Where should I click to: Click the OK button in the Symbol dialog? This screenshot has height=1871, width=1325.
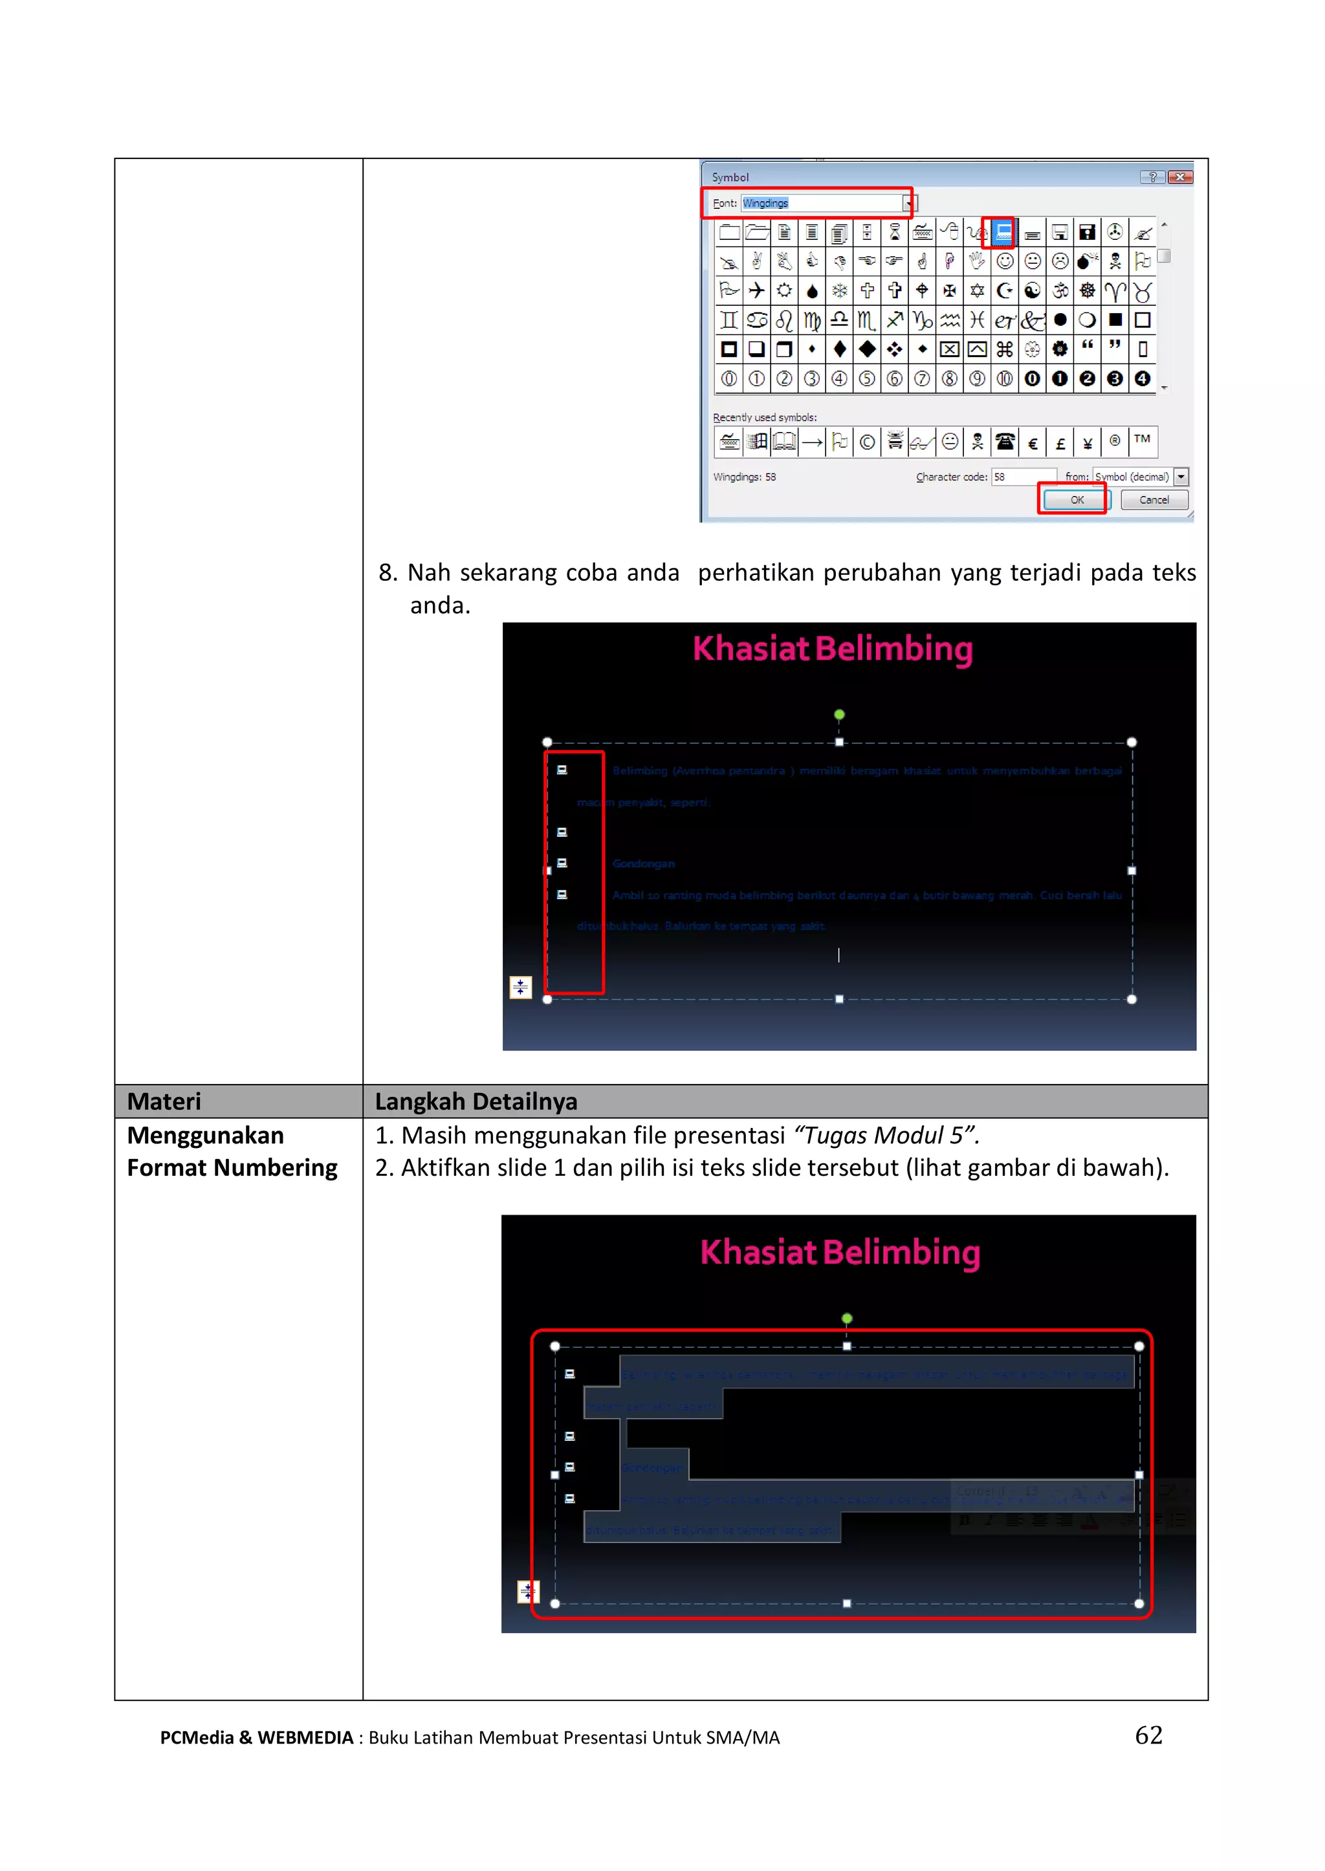[x=1076, y=499]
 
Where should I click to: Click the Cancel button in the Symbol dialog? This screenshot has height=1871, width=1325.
[x=1154, y=499]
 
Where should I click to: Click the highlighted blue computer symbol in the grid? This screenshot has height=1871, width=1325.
[x=1003, y=232]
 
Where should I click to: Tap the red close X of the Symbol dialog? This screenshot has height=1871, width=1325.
[x=1180, y=177]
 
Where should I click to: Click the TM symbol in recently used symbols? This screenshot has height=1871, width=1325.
[x=1143, y=440]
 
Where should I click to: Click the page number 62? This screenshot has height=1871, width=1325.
[x=1148, y=1735]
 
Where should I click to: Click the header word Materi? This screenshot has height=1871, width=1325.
[x=164, y=1101]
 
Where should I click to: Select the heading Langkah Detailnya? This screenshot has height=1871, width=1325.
[x=476, y=1101]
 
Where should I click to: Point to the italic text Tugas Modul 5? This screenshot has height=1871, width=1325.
[x=885, y=1135]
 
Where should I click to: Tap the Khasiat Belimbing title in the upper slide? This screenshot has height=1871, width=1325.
[x=832, y=649]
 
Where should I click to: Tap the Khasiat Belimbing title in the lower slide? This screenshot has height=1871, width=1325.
[x=840, y=1252]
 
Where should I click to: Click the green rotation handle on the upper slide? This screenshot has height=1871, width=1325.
[x=838, y=715]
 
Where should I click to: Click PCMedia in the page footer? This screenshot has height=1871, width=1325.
[x=197, y=1737]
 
